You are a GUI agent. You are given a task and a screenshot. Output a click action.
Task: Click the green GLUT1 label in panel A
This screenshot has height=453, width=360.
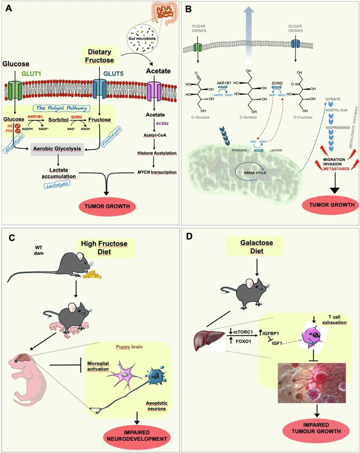pyautogui.click(x=31, y=73)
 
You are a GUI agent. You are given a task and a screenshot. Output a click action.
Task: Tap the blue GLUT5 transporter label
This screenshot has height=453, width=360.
pyautogui.click(x=113, y=73)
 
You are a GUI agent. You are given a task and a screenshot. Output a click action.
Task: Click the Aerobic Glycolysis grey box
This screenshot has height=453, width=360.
pyautogui.click(x=57, y=149)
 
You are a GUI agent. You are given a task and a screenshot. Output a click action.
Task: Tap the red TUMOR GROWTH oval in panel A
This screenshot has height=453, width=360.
pyautogui.click(x=107, y=206)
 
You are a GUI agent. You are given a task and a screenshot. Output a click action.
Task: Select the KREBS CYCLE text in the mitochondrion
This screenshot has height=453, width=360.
pyautogui.click(x=255, y=173)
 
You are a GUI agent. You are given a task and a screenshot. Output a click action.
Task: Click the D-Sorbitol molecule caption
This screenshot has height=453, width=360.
pyautogui.click(x=248, y=117)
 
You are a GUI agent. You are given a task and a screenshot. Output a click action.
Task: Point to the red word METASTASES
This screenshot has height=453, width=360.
pyautogui.click(x=336, y=169)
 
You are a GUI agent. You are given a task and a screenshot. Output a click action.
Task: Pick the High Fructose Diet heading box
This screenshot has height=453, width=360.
pyautogui.click(x=104, y=248)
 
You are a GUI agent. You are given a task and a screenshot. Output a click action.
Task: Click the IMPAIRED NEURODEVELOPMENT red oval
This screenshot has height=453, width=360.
pyautogui.click(x=137, y=436)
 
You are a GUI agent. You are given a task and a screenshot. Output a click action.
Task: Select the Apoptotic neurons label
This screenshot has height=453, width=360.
pyautogui.click(x=157, y=406)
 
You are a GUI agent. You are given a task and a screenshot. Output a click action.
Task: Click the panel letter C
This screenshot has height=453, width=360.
pyautogui.click(x=12, y=238)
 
